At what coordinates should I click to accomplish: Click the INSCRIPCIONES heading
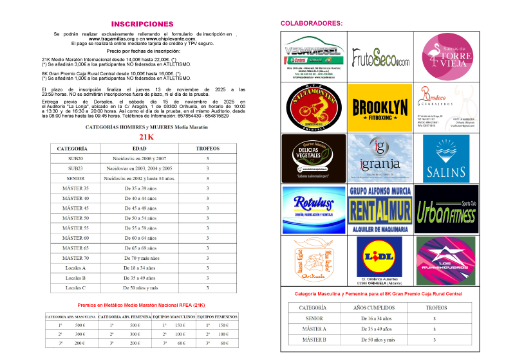pyautogui.click(x=142, y=24)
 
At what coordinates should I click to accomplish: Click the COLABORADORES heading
pyautogui.click(x=312, y=23)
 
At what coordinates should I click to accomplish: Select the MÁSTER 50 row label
pyautogui.click(x=77, y=218)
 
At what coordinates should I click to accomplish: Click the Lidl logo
pyautogui.click(x=379, y=259)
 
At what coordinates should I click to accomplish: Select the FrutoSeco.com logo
pyautogui.click(x=380, y=60)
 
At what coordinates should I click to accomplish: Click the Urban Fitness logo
pyautogui.click(x=447, y=209)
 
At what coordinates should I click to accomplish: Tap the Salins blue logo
pyautogui.click(x=447, y=159)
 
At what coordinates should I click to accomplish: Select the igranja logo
pyautogui.click(x=380, y=158)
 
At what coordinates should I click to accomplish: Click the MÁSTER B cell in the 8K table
pyautogui.click(x=314, y=339)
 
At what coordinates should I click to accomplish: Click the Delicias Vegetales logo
pyautogui.click(x=314, y=158)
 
